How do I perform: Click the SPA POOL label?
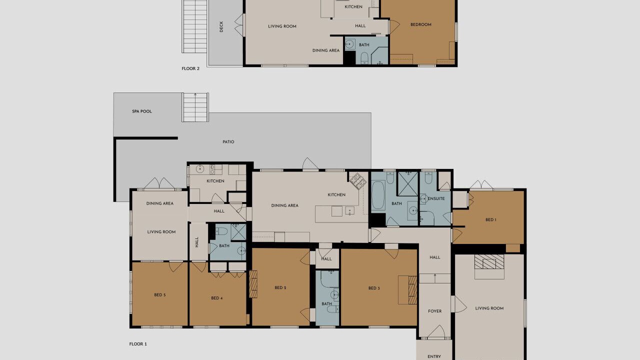[142, 111]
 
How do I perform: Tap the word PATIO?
[228, 141]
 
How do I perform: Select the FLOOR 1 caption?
[138, 344]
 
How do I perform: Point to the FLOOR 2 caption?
[190, 68]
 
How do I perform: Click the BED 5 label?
[160, 295]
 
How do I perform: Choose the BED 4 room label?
[217, 298]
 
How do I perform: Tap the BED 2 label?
[280, 287]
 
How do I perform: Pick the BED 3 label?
[374, 288]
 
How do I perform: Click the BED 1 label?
[491, 219]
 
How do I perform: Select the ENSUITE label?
[436, 198]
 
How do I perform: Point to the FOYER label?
[435, 311]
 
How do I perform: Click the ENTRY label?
[434, 356]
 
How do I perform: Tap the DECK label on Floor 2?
[221, 26]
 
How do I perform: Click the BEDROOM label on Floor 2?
[421, 24]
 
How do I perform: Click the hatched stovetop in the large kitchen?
[358, 181]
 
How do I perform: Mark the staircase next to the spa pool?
[195, 107]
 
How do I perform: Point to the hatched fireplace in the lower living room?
[489, 261]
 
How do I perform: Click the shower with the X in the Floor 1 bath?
[407, 183]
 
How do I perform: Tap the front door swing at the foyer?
[436, 332]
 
